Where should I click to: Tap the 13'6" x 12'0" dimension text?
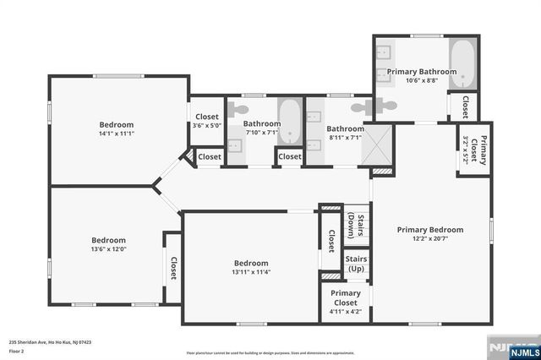(108, 250)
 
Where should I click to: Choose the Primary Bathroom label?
(421, 72)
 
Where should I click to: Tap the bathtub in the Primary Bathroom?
(463, 59)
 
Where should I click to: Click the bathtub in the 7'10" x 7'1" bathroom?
(289, 122)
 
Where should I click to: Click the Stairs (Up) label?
(356, 265)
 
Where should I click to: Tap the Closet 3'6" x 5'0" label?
(207, 121)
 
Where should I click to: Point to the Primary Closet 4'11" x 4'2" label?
(346, 302)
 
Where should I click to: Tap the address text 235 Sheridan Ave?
(50, 342)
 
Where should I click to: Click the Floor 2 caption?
(17, 350)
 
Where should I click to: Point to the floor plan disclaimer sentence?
(281, 352)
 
